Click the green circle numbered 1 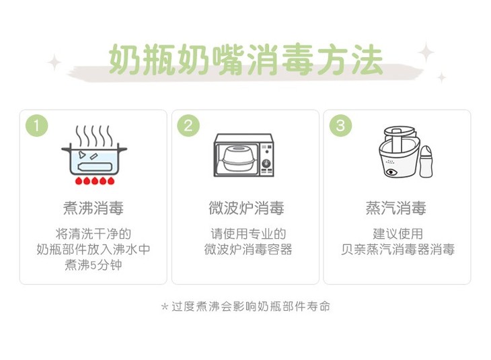[x=36, y=126]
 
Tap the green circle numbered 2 [x=188, y=126]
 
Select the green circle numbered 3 [x=340, y=126]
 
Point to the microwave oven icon [x=244, y=155]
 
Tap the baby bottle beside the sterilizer [x=426, y=161]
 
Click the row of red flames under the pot [x=95, y=180]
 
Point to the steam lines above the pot [x=93, y=135]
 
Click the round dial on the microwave [x=266, y=164]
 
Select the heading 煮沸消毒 [x=93, y=208]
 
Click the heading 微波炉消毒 [x=246, y=208]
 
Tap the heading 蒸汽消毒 [x=396, y=208]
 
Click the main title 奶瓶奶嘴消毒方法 [x=245, y=59]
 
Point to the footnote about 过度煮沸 [x=245, y=306]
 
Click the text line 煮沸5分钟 [x=93, y=265]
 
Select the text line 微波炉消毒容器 [x=248, y=250]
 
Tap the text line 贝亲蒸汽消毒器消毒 [x=398, y=250]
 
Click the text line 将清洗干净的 [x=93, y=233]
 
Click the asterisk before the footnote [x=165, y=306]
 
